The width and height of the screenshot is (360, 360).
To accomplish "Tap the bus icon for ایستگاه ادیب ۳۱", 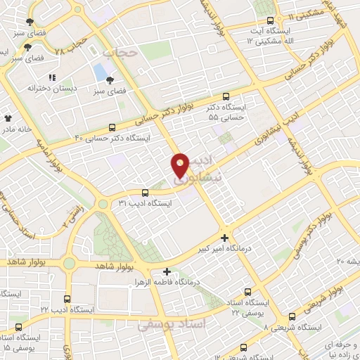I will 145,192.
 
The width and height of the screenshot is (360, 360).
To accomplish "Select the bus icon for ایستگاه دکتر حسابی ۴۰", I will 112,127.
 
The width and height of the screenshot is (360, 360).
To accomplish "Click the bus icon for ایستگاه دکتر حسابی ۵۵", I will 226,96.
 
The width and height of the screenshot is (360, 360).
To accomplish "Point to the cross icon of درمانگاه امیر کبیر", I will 224,238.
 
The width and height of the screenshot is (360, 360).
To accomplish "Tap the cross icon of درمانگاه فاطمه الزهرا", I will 167,271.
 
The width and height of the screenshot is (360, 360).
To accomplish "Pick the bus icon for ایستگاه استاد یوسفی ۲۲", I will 247,291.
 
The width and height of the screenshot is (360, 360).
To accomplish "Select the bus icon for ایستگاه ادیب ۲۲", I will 67,298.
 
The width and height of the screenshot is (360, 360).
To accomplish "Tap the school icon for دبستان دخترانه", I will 51,78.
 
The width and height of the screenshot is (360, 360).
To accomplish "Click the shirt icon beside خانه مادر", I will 8,119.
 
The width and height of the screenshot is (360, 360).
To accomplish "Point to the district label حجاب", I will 117,53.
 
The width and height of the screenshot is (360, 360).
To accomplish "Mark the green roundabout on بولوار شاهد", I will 69,264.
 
